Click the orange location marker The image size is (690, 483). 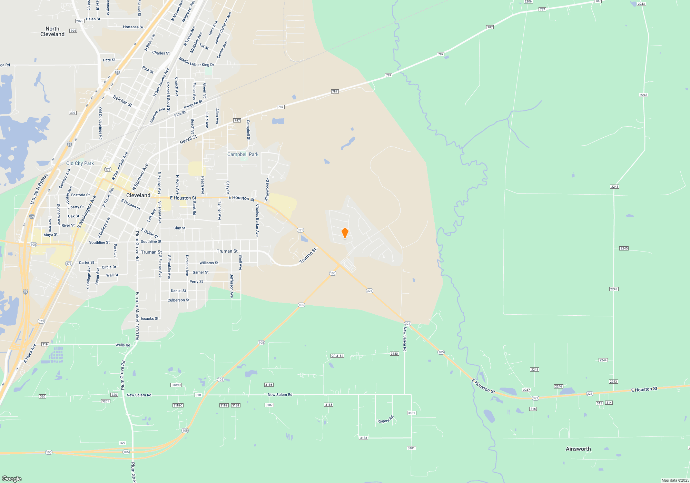345,233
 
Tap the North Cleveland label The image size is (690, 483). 52,31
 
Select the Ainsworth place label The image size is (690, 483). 578,449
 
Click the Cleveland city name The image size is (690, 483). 138,195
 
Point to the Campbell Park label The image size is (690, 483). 243,154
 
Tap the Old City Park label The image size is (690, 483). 80,163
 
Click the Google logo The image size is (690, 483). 11,479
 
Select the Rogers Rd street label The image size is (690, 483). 385,420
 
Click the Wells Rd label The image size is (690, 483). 123,345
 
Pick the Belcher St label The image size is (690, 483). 122,101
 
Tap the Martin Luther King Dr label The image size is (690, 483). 196,62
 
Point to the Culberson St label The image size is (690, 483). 178,300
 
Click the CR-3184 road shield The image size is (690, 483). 337,356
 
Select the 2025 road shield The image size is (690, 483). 80,21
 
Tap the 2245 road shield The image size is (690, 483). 624,248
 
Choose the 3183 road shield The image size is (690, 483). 363,438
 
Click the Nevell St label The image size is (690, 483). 188,140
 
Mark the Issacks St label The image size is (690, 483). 150,319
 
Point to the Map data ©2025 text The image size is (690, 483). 675,480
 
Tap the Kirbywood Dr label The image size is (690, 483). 267,189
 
